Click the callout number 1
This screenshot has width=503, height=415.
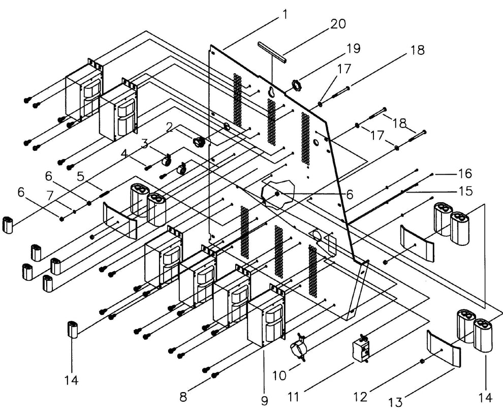[284, 15]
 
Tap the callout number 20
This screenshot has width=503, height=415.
[338, 24]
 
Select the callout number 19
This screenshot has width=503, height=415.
[353, 48]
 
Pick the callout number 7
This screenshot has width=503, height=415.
[50, 196]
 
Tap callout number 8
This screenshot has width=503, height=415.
[183, 397]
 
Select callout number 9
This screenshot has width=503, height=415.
[265, 401]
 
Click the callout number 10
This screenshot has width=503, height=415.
[279, 375]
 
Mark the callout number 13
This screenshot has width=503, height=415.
[396, 401]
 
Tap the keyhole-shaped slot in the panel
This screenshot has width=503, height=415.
[272, 92]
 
